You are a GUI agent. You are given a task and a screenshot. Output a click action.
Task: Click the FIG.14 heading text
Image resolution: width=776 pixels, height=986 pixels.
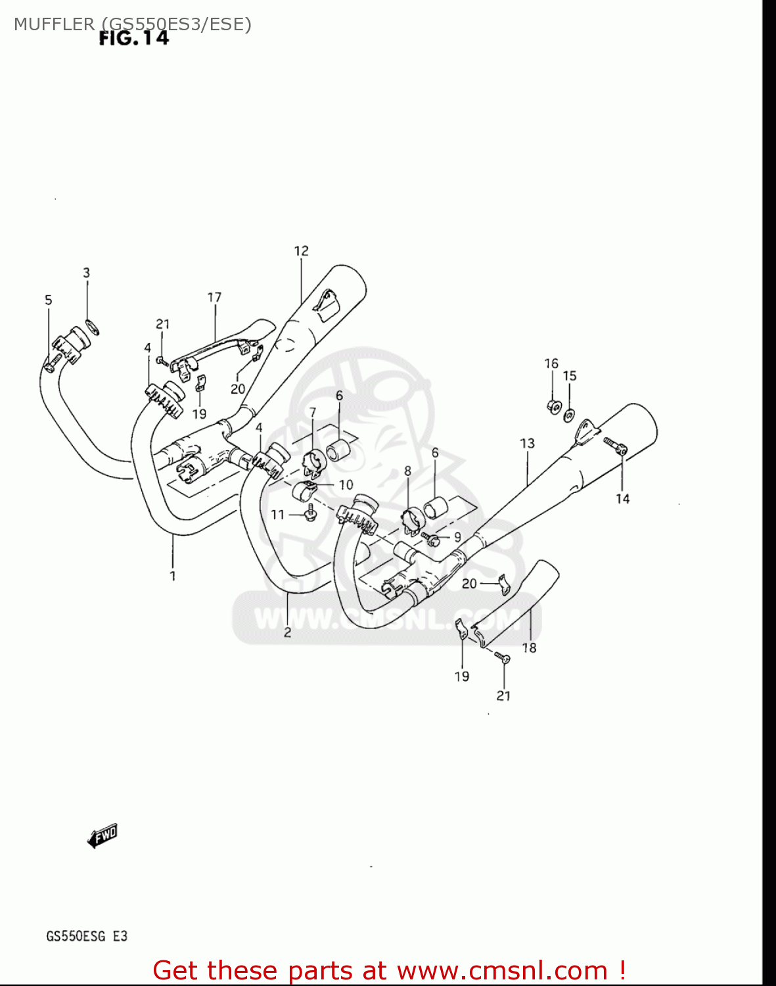click(x=133, y=39)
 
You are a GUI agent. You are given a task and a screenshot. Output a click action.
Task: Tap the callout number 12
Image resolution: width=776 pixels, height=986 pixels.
click(x=301, y=251)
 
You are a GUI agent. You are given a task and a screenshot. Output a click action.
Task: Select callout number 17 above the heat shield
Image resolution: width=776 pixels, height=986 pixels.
click(x=214, y=298)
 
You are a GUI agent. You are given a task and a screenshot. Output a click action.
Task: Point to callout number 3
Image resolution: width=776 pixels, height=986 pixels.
click(x=86, y=273)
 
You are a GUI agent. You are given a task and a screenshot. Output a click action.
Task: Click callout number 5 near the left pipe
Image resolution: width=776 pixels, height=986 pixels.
click(x=48, y=300)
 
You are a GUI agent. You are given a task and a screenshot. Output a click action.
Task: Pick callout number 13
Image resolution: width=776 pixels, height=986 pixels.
click(x=527, y=444)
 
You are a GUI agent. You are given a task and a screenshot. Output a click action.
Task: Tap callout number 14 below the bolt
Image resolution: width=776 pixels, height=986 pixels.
click(x=622, y=499)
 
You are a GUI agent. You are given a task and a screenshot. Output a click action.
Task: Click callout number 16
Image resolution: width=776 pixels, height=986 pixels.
click(x=551, y=364)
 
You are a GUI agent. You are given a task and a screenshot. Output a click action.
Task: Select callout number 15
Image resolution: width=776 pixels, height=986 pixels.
click(x=570, y=376)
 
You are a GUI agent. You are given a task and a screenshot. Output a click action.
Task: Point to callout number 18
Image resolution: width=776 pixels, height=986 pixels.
click(x=529, y=648)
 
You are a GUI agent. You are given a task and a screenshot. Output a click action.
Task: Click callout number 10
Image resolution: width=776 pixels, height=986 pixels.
click(x=346, y=485)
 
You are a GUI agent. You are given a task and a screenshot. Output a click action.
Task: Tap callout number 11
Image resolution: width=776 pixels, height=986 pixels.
click(x=278, y=515)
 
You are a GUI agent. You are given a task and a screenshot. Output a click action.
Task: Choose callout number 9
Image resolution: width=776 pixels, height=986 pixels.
click(x=457, y=537)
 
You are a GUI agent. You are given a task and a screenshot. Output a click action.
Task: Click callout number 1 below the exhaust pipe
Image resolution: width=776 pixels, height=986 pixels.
click(x=173, y=576)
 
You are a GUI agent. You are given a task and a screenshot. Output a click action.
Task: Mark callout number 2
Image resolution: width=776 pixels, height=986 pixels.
click(x=287, y=633)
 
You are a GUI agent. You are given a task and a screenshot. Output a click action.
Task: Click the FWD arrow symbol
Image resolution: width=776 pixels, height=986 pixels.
click(x=103, y=837)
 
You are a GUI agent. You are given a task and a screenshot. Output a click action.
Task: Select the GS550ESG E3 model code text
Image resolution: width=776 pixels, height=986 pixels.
click(x=87, y=936)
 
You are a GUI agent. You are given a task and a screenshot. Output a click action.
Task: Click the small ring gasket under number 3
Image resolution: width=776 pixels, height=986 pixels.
click(x=93, y=325)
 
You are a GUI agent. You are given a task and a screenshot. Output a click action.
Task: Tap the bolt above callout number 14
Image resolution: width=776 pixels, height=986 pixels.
click(x=616, y=447)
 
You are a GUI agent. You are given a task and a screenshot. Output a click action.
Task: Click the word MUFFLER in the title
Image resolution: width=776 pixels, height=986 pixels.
click(x=54, y=24)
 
